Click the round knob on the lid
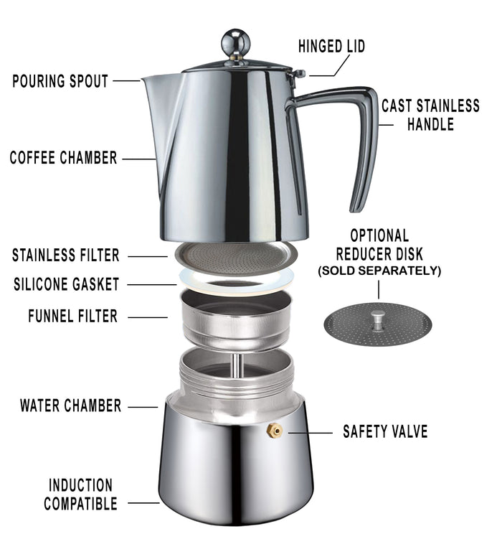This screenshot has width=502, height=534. (236, 43)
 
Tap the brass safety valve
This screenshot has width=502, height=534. (274, 430)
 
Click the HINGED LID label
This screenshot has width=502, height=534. (331, 47)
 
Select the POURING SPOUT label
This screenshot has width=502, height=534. (60, 81)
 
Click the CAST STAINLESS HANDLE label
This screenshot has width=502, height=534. (430, 115)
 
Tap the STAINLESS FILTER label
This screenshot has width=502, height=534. (65, 256)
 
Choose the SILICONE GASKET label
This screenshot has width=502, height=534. (65, 285)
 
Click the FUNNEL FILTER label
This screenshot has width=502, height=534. (72, 316)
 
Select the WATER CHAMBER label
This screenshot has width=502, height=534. (70, 406)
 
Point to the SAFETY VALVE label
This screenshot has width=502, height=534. (385, 431)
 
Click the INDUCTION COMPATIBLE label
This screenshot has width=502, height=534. (80, 495)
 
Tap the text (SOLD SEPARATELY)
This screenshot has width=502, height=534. (379, 271)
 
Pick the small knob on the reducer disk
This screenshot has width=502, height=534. (378, 317)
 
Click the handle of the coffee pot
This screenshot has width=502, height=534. (362, 144)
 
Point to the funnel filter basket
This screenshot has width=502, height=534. (236, 319)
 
